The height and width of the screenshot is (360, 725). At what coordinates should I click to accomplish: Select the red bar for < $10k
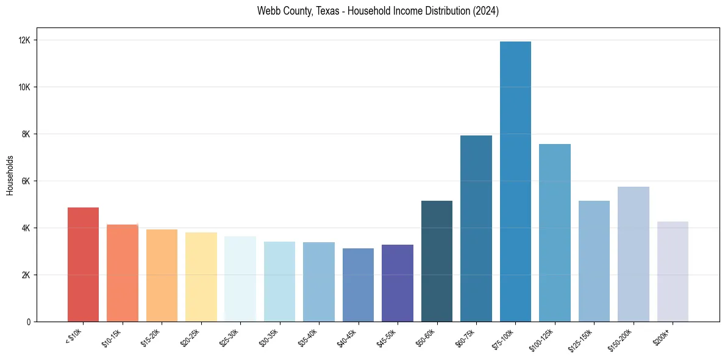(83, 265)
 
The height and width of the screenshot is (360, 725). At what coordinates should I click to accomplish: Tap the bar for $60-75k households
(476, 229)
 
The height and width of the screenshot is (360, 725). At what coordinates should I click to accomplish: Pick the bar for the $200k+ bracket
(673, 272)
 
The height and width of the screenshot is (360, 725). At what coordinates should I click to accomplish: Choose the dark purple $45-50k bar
(398, 283)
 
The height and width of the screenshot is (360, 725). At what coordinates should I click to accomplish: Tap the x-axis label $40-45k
(347, 337)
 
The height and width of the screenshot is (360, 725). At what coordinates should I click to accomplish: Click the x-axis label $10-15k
(112, 337)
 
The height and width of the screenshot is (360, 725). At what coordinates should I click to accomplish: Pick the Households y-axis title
(10, 175)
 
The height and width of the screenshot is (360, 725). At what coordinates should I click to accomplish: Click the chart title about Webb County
(378, 11)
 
